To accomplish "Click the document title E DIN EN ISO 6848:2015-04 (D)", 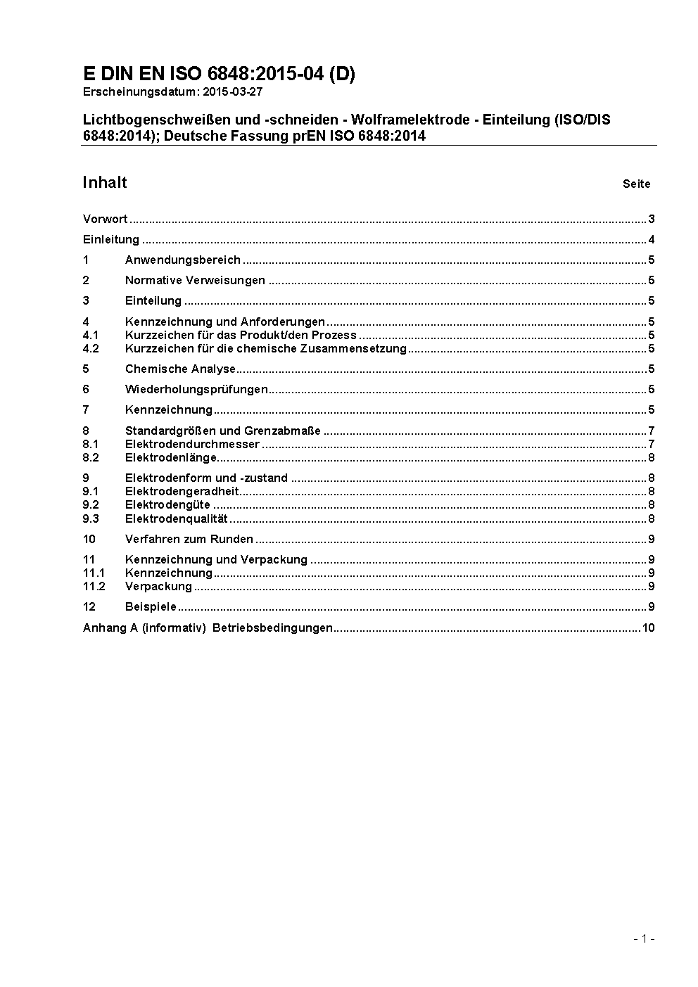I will [x=219, y=74].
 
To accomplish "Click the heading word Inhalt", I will [x=105, y=183].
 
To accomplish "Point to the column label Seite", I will [x=636, y=184].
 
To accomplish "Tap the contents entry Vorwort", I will [x=105, y=219].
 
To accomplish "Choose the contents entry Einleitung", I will [x=111, y=239].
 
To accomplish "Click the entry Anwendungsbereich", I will [x=183, y=260].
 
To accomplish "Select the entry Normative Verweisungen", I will [x=195, y=280].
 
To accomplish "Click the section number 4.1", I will [x=91, y=335].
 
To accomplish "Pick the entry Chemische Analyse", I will [x=180, y=369].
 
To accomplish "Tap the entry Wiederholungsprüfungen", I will [x=196, y=389].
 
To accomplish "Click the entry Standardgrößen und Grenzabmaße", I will [x=223, y=431].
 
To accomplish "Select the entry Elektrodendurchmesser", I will [x=192, y=444].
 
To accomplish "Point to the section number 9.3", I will [x=91, y=519].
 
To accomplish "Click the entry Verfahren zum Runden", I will [x=189, y=539].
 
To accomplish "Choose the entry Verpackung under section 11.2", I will [x=158, y=586].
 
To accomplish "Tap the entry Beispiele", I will [x=151, y=606].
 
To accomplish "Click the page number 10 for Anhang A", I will [x=648, y=628].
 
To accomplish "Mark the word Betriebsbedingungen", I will [x=272, y=628].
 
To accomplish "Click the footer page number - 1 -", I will [x=644, y=938].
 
